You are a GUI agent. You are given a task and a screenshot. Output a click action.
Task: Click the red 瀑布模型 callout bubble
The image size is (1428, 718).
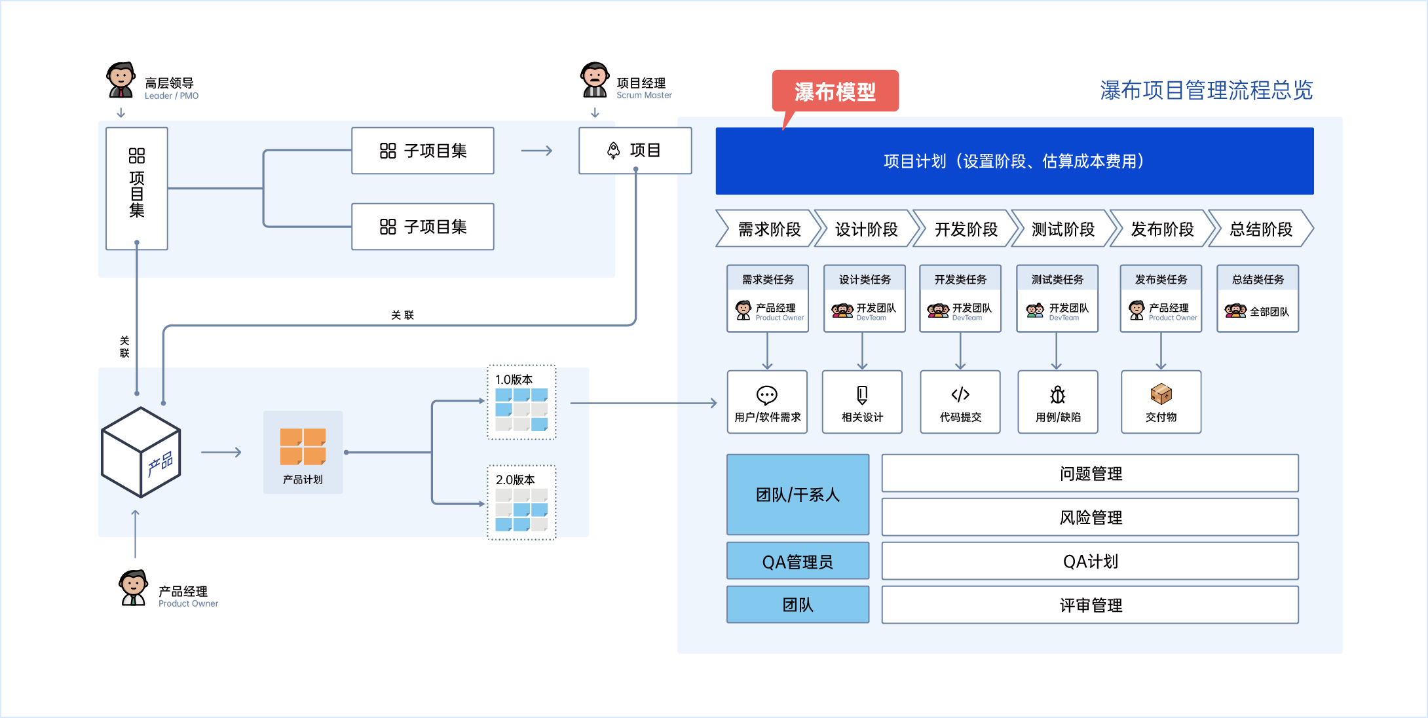[x=835, y=91]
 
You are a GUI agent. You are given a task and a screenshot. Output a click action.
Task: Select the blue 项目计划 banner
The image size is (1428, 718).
[x=1014, y=161]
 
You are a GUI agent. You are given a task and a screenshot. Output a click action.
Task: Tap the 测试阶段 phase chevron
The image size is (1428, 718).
[x=1062, y=229]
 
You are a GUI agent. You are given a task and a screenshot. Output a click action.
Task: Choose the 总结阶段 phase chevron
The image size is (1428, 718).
[x=1260, y=229]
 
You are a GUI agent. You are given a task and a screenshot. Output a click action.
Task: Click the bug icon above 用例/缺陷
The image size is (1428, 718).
[x=1057, y=395]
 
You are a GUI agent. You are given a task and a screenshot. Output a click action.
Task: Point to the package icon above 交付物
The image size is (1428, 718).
[x=1161, y=394]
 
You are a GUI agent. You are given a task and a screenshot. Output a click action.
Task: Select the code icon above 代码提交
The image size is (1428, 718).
[x=960, y=394]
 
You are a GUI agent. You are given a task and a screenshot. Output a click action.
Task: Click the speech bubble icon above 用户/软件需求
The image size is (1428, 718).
[x=767, y=395]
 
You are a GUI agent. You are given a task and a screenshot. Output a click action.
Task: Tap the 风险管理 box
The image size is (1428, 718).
[x=1090, y=518]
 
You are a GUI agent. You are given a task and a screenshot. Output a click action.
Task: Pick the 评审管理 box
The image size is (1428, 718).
[x=1090, y=605]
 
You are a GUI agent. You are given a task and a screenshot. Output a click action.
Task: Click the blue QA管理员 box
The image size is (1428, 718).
[x=798, y=561]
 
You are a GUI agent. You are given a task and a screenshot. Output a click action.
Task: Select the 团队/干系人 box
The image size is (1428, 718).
[x=798, y=495]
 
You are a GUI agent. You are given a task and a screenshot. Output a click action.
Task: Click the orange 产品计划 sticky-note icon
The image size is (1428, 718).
[x=303, y=447]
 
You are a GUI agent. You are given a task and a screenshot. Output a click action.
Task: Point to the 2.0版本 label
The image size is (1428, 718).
[x=515, y=480]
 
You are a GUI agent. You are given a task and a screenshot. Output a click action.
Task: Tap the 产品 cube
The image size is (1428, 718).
[x=141, y=452]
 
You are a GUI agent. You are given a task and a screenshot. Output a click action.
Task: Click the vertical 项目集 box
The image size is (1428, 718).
[x=137, y=189]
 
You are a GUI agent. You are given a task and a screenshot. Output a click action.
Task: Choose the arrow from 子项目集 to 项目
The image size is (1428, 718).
[x=536, y=151]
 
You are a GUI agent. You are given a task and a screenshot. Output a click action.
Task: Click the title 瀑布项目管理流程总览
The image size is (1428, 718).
[x=1206, y=90]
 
